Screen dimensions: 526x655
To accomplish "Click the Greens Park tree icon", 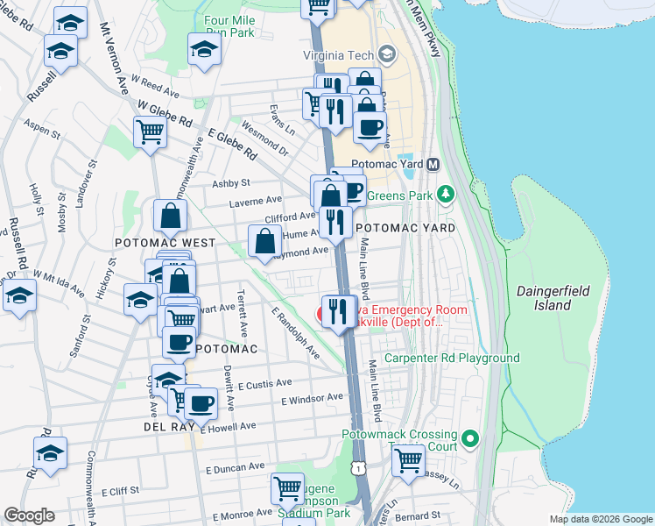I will (446, 194).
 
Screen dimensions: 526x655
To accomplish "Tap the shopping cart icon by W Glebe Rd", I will (150, 132).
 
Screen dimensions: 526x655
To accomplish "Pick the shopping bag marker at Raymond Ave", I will (264, 240).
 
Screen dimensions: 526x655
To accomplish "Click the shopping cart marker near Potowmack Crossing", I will (409, 459).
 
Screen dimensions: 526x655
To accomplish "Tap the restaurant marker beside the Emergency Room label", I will (337, 310).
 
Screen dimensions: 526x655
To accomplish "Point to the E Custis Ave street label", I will (263, 384).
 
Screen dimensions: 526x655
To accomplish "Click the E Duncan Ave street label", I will (231, 468).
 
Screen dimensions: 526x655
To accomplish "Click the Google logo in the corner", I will (29, 515).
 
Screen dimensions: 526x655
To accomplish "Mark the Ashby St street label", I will (231, 183).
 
